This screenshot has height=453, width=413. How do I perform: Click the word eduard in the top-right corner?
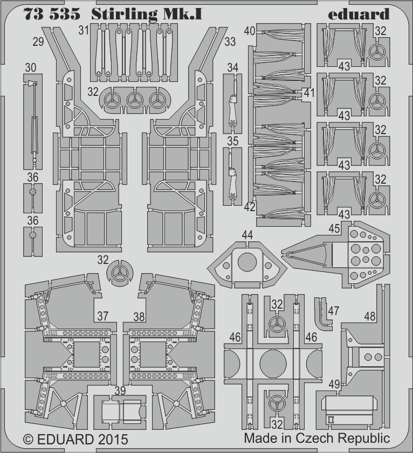[x=359, y=14]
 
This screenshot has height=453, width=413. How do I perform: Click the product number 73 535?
[x=52, y=14]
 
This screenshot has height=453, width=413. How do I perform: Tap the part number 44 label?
[x=247, y=235]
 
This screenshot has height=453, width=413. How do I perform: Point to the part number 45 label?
[x=334, y=228]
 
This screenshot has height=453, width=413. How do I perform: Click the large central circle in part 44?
[x=247, y=262]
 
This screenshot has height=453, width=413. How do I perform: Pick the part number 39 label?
[x=120, y=391]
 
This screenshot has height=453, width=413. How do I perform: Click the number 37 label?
[x=102, y=316]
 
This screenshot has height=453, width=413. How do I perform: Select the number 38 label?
[x=139, y=317]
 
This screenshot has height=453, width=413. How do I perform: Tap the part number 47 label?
[x=333, y=311]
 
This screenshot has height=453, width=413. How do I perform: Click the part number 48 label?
[x=370, y=316]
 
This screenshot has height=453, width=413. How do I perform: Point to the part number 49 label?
[x=334, y=384]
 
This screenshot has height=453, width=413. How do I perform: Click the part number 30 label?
[x=30, y=68]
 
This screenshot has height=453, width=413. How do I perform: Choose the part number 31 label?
[x=84, y=30]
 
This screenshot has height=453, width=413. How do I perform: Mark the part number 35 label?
[x=233, y=141]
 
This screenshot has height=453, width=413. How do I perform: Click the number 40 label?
[x=250, y=31]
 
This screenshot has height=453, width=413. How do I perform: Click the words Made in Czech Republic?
[x=317, y=438]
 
